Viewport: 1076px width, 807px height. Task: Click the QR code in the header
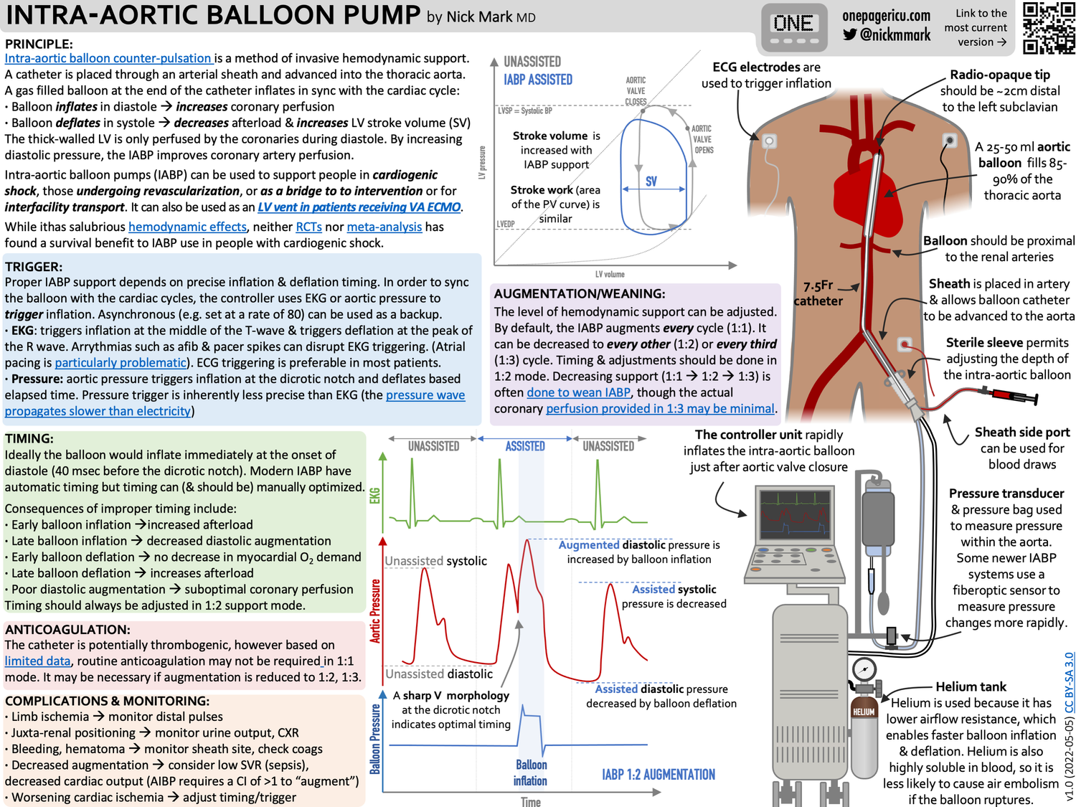point(1048,28)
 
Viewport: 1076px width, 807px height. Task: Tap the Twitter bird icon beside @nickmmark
point(850,34)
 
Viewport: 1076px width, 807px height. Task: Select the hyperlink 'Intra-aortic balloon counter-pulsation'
point(108,58)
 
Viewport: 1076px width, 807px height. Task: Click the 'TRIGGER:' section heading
point(34,266)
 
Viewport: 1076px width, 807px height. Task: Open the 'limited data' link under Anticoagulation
point(38,661)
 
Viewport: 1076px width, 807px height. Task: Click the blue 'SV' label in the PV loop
point(651,181)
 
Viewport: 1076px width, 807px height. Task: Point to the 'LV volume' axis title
point(610,274)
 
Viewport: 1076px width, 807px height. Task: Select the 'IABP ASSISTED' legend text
point(538,80)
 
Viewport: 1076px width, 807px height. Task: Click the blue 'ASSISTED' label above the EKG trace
point(525,446)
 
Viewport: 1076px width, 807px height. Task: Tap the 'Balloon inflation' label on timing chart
point(531,773)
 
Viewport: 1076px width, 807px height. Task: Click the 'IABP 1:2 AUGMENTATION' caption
point(659,775)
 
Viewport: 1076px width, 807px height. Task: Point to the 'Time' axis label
point(531,801)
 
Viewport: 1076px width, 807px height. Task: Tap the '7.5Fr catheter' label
point(818,293)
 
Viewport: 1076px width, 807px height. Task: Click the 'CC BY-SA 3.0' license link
point(1069,682)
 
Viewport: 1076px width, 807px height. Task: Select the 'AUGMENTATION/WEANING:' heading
point(580,293)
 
